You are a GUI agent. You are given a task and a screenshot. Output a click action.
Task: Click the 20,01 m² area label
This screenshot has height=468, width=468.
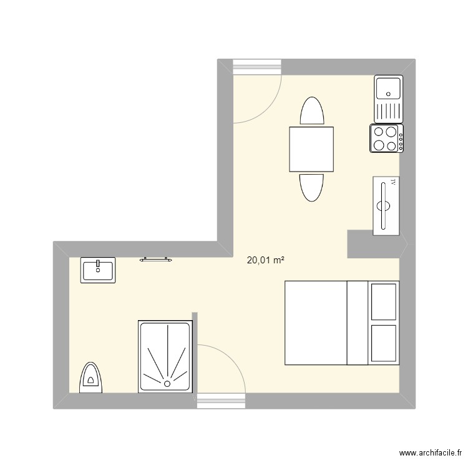[266, 261]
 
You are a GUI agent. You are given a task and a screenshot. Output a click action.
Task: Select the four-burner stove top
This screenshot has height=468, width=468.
[384, 139]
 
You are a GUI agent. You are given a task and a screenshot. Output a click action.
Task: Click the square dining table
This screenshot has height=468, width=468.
[311, 149]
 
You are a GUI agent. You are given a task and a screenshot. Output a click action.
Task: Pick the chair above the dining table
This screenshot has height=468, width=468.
[312, 112]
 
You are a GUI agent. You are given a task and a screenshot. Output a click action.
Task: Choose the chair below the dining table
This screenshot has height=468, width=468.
[312, 187]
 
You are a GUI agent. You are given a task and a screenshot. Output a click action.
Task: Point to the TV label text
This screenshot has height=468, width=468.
[392, 183]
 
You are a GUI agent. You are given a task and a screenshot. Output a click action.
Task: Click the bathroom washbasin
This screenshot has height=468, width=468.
[98, 270]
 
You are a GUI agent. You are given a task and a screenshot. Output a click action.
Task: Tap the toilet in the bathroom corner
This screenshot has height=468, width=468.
[91, 378]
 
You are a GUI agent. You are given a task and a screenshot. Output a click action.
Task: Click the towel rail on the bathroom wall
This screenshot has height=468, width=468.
[155, 258]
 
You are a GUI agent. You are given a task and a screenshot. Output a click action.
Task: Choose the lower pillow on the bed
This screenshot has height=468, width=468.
[383, 343]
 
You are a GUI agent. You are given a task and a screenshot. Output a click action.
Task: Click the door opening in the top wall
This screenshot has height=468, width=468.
[258, 67]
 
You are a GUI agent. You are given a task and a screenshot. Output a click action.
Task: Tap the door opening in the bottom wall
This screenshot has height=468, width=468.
[221, 401]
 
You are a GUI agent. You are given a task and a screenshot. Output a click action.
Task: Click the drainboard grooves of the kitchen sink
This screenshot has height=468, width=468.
[388, 112]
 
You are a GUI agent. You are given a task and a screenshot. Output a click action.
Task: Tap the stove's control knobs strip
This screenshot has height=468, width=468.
[401, 139]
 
